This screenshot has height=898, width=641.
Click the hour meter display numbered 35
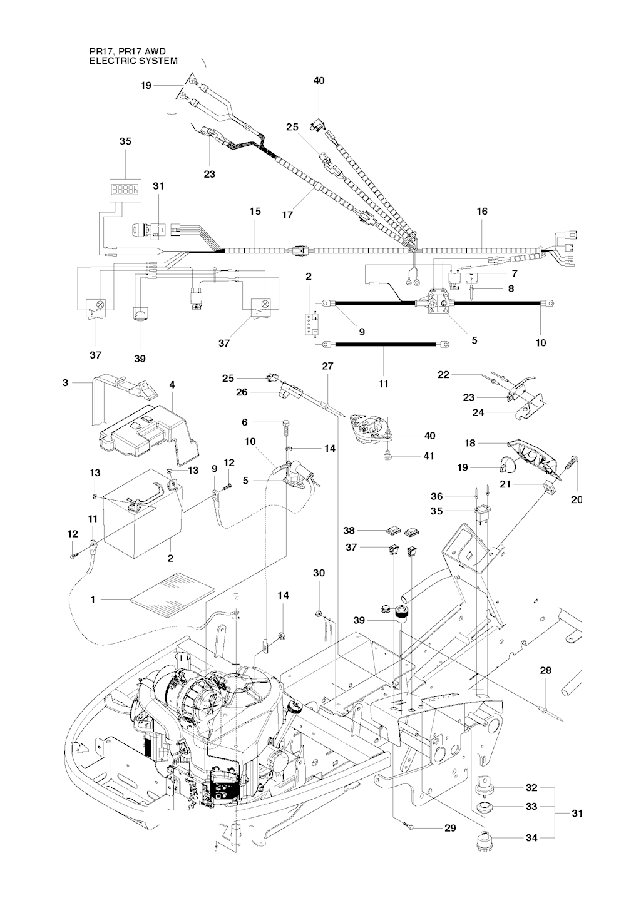pyautogui.click(x=125, y=188)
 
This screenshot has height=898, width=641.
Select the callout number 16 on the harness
pyautogui.click(x=482, y=212)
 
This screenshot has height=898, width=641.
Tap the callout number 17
pyautogui.click(x=287, y=215)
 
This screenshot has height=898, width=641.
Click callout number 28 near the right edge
pyautogui.click(x=546, y=670)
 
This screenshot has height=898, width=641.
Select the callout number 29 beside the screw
pyautogui.click(x=449, y=828)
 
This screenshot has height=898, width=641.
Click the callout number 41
pyautogui.click(x=429, y=456)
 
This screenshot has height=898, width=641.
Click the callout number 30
pyautogui.click(x=319, y=573)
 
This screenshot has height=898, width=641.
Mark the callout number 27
pyautogui.click(x=327, y=365)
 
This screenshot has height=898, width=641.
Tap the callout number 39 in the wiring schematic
pyautogui.click(x=140, y=359)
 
